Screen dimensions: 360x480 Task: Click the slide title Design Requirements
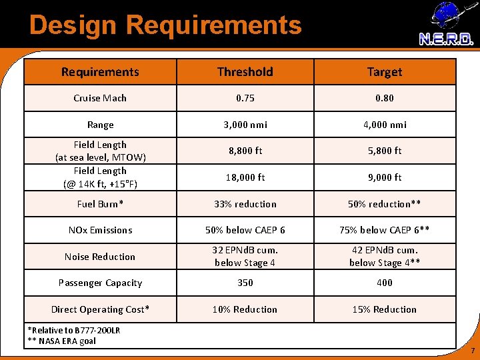[165, 25]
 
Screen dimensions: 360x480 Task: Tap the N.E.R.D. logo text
[446, 39]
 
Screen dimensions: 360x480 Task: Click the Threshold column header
[245, 71]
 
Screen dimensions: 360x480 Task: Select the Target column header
[385, 71]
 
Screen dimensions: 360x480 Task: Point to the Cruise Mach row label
[100, 98]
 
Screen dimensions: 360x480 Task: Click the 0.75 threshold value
[245, 98]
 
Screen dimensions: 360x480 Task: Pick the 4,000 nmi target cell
[385, 125]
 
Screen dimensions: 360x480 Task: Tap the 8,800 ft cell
[245, 151]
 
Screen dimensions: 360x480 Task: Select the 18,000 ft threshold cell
[245, 177]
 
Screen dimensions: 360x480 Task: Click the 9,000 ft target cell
[385, 177]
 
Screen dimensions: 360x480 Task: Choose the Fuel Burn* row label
[100, 204]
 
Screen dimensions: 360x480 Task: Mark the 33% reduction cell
[245, 204]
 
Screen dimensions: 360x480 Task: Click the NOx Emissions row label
[100, 230]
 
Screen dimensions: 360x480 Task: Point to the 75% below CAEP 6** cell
[385, 230]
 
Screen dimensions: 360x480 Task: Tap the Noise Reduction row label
[100, 257]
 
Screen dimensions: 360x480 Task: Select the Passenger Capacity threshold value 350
[245, 283]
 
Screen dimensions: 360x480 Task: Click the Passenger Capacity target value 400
[385, 283]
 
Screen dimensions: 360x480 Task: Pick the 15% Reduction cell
[385, 309]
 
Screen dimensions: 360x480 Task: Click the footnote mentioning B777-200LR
[73, 330]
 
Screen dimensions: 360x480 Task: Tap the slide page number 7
[472, 351]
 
